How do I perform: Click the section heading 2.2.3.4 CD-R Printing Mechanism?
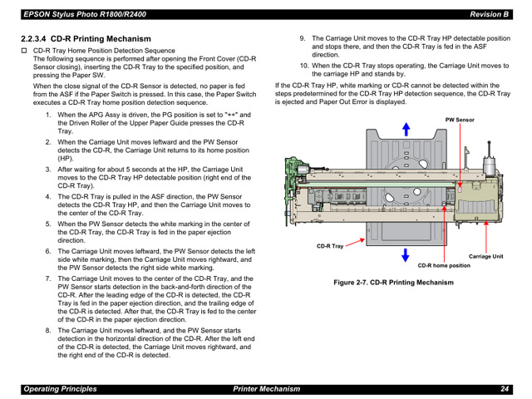(86, 39)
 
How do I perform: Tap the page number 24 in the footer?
(505, 389)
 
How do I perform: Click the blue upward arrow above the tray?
(406, 128)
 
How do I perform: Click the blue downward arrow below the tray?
(406, 254)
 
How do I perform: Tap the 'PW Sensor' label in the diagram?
(460, 121)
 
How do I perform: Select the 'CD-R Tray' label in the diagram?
(330, 246)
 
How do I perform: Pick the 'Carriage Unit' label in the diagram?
(485, 256)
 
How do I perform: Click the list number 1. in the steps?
(47, 115)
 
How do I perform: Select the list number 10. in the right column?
(304, 65)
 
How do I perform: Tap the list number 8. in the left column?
(47, 329)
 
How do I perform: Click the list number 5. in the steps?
(47, 223)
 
